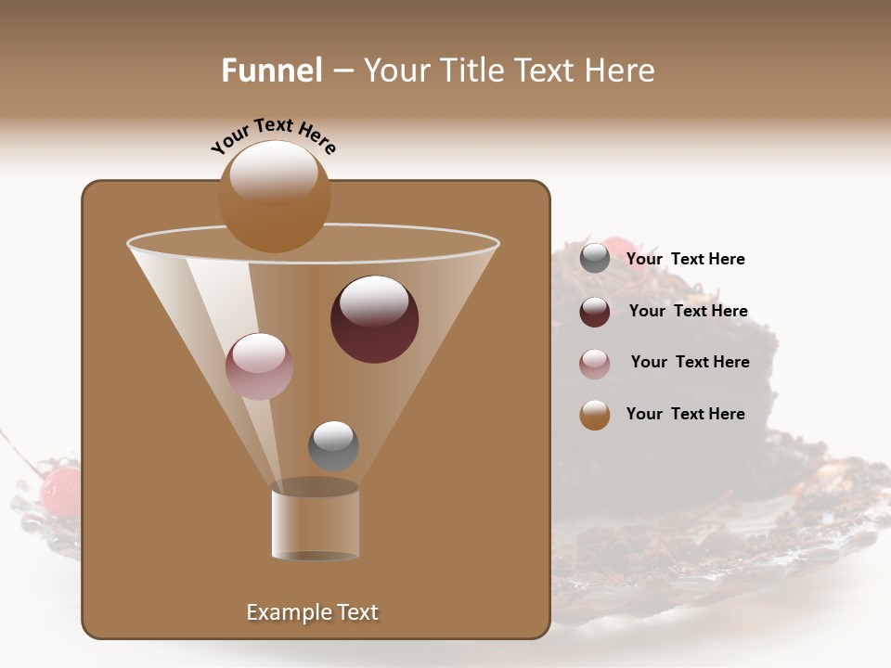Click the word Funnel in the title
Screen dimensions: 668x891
(272, 71)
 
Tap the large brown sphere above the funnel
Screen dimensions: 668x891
(274, 196)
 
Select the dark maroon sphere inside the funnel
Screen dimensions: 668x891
(374, 319)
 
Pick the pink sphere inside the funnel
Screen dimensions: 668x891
(259, 366)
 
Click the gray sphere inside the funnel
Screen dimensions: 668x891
(333, 445)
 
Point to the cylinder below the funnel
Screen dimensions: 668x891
(316, 520)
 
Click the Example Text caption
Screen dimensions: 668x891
(312, 612)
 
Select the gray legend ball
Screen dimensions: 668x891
(595, 259)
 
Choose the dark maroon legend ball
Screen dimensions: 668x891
(595, 312)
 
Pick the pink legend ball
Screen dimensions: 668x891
(595, 364)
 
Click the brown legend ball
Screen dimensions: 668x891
(595, 415)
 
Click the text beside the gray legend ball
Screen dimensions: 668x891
(685, 260)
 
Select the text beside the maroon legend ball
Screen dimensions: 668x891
(688, 312)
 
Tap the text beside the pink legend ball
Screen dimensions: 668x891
(690, 362)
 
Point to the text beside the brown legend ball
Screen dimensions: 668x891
(685, 414)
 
